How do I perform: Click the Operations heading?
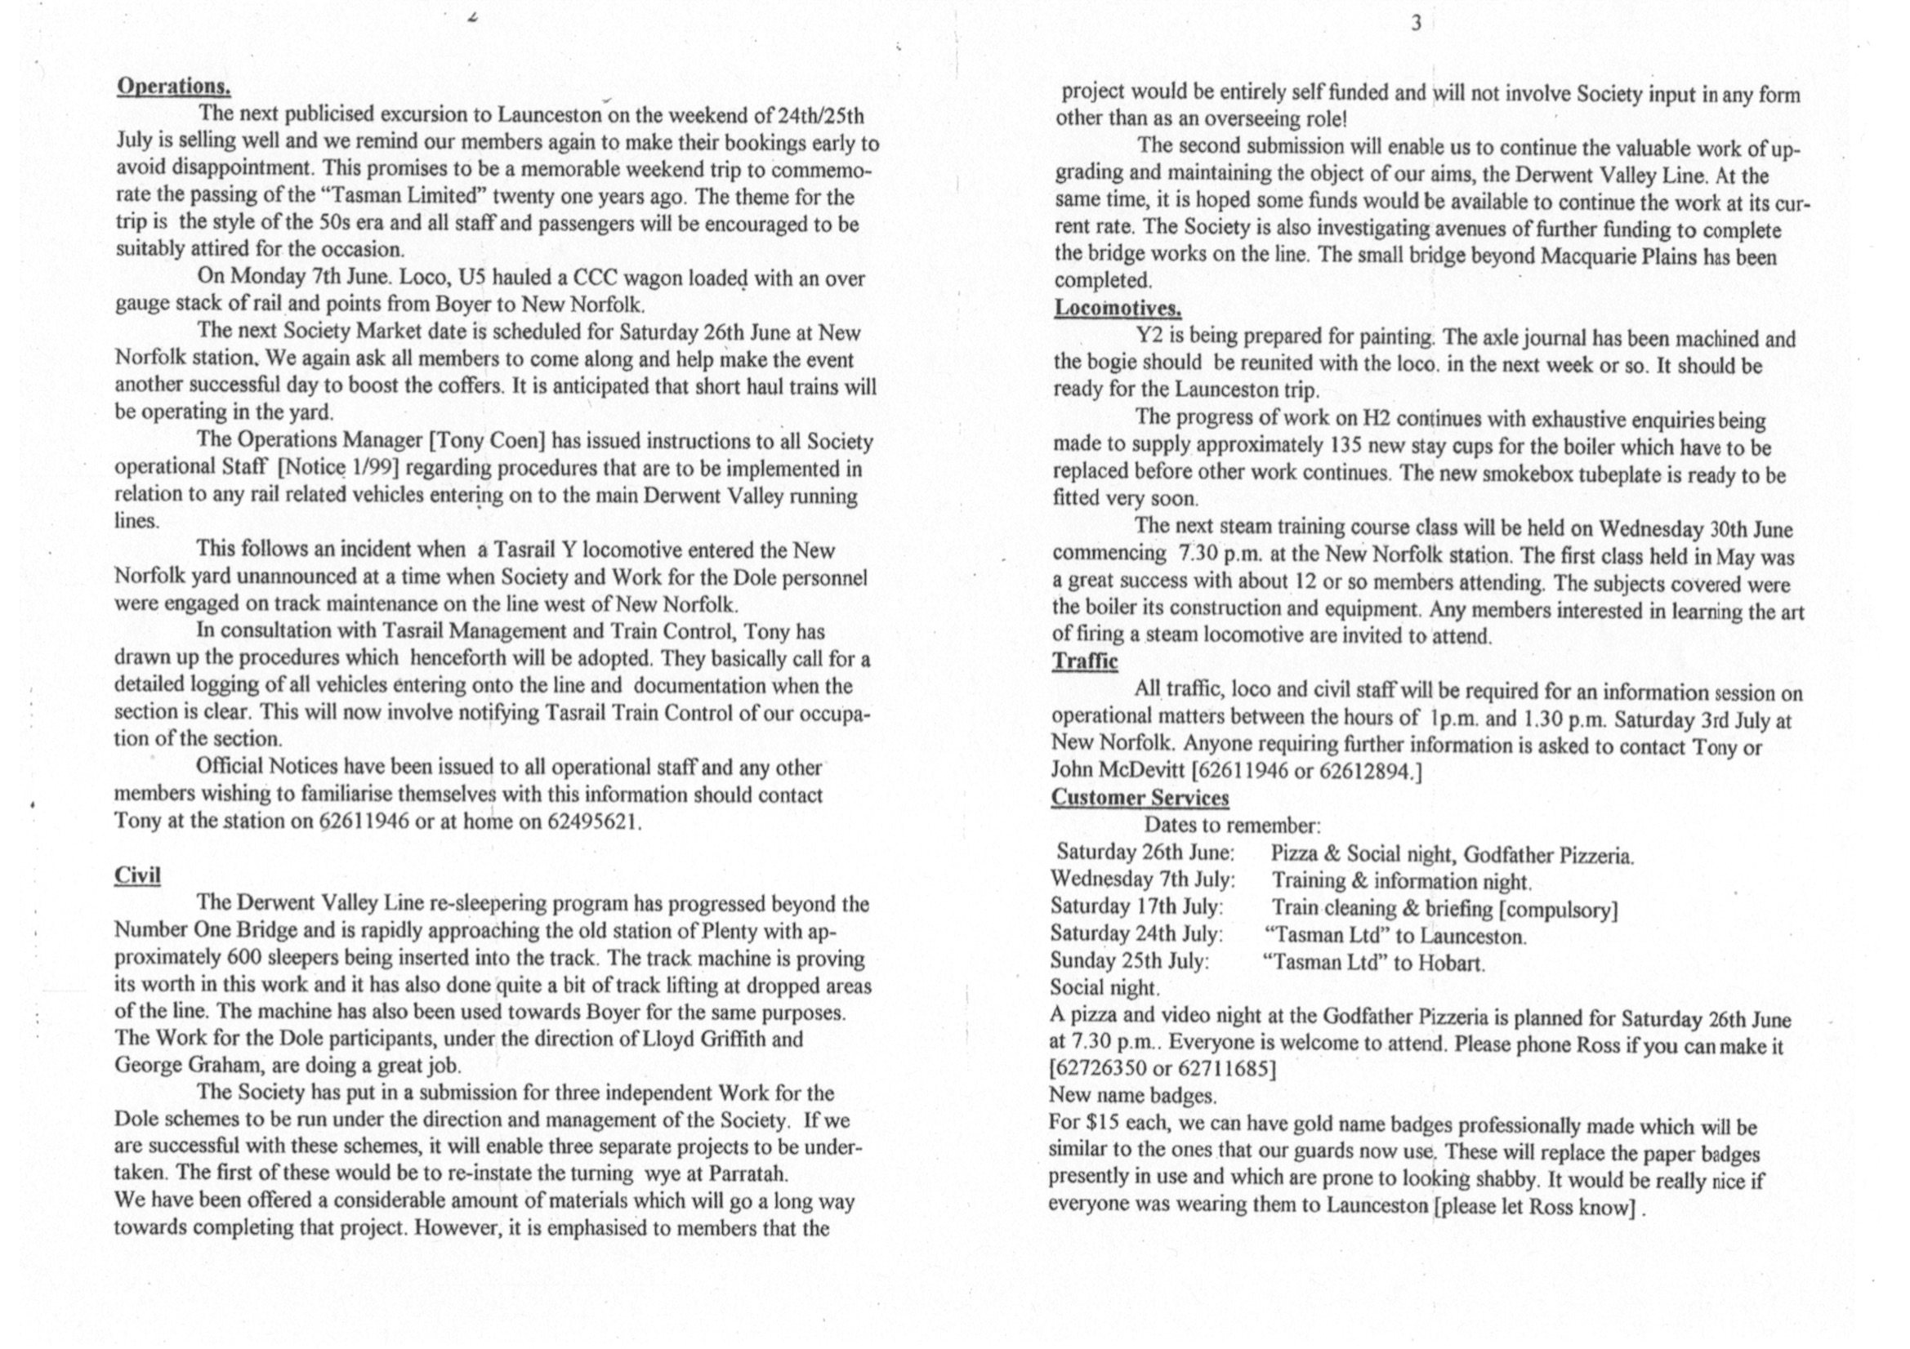174,87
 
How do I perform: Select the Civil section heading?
137,875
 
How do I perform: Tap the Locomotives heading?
1118,309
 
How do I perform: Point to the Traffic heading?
1084,661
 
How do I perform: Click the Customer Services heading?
1139,798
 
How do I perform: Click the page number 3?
1416,24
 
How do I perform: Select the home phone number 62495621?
593,822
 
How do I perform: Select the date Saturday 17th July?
1136,907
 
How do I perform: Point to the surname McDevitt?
1143,771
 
